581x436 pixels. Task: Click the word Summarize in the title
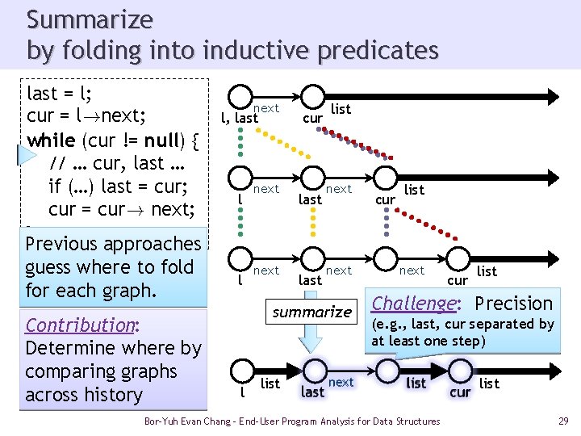pyautogui.click(x=90, y=19)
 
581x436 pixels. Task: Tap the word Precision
pyautogui.click(x=513, y=304)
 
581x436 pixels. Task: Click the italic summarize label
pyautogui.click(x=311, y=312)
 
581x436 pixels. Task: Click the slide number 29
pyautogui.click(x=562, y=421)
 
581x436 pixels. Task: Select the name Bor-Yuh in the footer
pyautogui.click(x=160, y=421)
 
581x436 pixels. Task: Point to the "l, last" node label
pyautogui.click(x=240, y=119)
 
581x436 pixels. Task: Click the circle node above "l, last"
pyautogui.click(x=240, y=98)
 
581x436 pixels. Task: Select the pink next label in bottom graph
pyautogui.click(x=341, y=382)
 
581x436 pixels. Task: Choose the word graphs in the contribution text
pyautogui.click(x=149, y=371)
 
